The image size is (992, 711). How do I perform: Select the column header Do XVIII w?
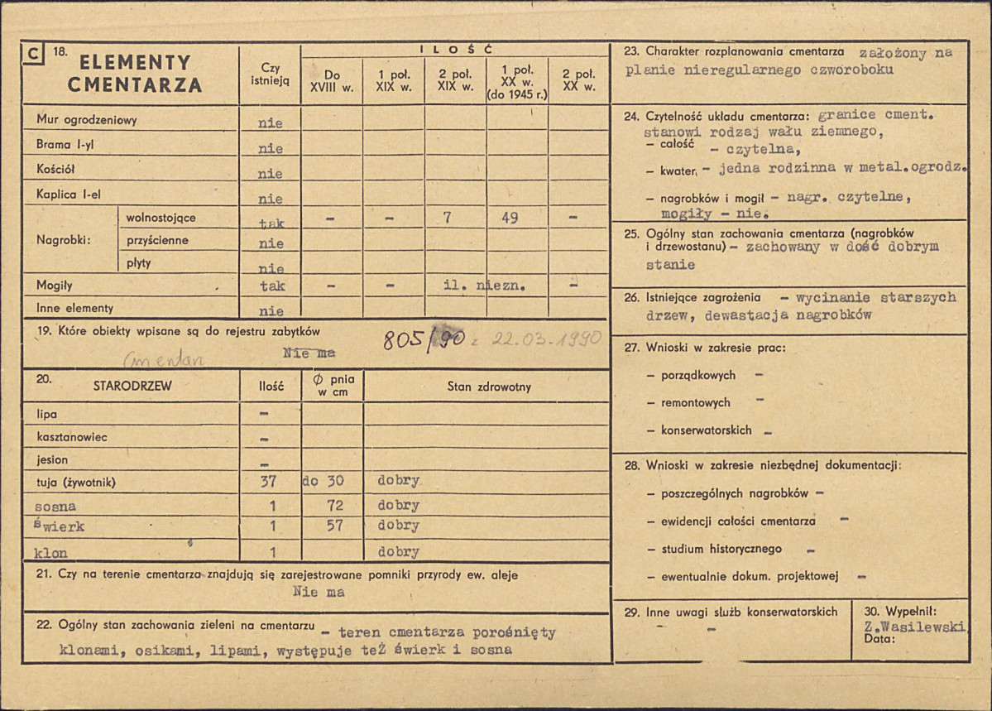tap(332, 80)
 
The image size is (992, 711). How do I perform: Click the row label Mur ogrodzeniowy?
tap(87, 120)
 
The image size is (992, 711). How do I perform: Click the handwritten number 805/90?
tap(424, 339)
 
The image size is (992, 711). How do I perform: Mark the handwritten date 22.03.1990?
tap(545, 339)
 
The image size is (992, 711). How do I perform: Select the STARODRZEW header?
tap(132, 385)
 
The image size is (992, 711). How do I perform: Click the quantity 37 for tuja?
tap(270, 481)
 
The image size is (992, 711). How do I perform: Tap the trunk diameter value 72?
tap(333, 504)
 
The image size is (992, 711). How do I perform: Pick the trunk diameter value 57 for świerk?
tap(333, 526)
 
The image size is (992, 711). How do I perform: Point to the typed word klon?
tap(51, 553)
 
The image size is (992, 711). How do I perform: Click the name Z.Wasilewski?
tap(913, 627)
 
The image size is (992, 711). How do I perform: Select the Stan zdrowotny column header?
tap(489, 386)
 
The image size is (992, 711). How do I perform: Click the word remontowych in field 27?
tap(696, 402)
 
